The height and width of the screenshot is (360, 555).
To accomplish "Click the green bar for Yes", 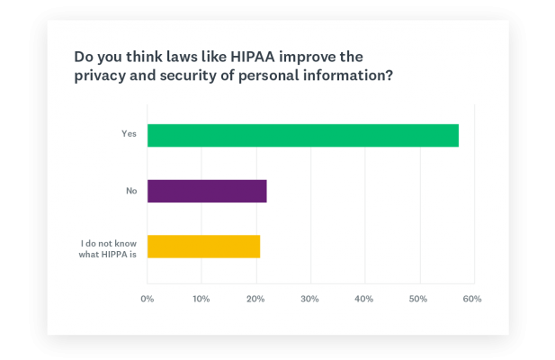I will pos(302,135).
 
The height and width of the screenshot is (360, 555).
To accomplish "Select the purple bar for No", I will pos(207,191).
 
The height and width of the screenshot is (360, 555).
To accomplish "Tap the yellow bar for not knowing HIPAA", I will pos(203,246).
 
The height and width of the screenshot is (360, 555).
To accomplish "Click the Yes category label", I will pos(129,134).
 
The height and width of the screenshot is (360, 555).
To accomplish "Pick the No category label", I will pos(130,190).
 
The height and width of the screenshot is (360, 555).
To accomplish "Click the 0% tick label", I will pos(148,298).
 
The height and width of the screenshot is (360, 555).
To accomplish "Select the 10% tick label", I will pos(201,298).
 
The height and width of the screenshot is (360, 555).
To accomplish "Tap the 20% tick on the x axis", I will pos(255,298).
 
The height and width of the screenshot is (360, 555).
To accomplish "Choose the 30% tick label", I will pos(309,298).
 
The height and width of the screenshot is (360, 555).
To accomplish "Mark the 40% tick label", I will pos(363,298).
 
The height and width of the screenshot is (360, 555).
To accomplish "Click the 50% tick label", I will pos(417,298).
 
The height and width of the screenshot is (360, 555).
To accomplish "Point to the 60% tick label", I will pos(471,298).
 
